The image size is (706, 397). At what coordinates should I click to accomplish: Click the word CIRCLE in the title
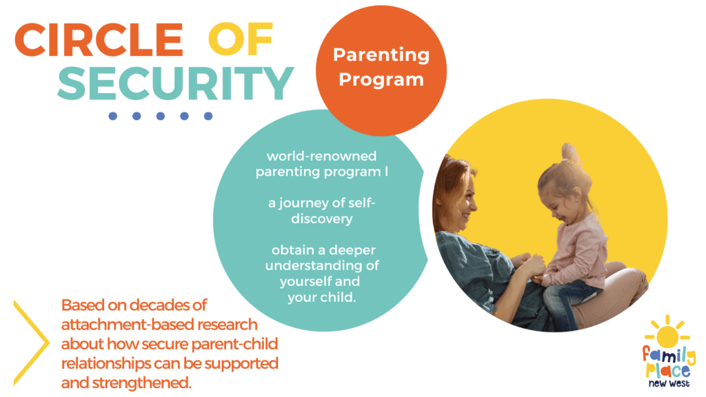(x=99, y=39)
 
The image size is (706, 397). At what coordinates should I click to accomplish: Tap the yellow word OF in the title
(x=241, y=39)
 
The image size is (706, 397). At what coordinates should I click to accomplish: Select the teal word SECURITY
(x=176, y=83)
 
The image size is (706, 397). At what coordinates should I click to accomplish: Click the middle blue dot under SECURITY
(x=160, y=116)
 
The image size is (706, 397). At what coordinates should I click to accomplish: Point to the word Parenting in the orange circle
(x=381, y=55)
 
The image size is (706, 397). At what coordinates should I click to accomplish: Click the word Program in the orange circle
(x=381, y=80)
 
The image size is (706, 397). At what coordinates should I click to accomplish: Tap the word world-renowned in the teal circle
(x=321, y=156)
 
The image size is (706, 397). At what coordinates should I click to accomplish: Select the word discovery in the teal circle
(x=321, y=219)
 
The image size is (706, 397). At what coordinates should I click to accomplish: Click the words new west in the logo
(x=669, y=383)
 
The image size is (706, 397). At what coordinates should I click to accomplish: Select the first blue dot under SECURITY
(x=112, y=116)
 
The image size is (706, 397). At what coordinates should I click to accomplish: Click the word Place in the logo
(x=667, y=370)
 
